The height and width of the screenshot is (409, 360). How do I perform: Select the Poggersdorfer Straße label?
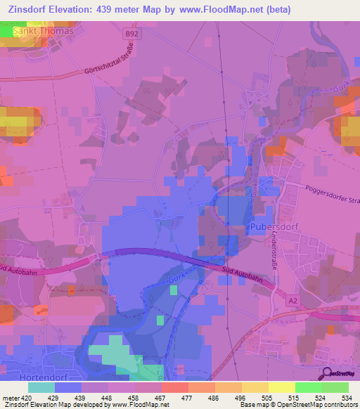[331, 194]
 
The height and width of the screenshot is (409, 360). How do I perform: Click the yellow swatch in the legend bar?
[281, 387]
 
